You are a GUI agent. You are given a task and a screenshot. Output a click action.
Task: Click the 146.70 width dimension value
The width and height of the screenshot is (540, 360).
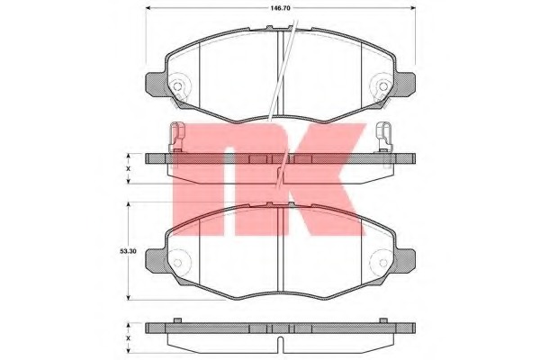(281, 8)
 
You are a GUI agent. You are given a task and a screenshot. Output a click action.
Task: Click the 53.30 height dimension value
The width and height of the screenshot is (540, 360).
(128, 251)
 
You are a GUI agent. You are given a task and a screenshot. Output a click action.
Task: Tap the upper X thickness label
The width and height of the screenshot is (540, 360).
(128, 169)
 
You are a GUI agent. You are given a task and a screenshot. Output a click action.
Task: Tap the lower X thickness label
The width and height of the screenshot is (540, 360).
(128, 338)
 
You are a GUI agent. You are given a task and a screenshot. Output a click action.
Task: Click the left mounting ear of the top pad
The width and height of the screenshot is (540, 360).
(157, 85)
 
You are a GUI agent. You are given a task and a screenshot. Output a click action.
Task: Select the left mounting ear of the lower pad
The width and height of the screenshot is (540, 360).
(157, 262)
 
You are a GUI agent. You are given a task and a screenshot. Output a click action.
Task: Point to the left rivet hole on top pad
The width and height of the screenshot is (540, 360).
(177, 86)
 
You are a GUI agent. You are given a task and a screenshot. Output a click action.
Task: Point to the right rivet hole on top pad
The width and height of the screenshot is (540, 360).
(383, 86)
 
